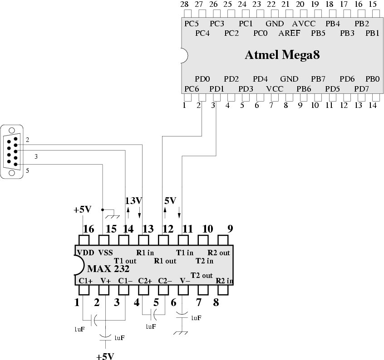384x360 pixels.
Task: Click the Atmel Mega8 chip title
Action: [282, 55]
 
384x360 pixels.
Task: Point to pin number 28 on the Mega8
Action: [184, 5]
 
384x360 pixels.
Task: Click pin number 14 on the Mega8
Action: [373, 105]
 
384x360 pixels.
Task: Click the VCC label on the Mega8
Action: [275, 88]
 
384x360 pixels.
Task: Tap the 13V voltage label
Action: [133, 200]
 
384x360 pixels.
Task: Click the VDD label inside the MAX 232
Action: [85, 253]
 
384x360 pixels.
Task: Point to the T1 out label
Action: [125, 261]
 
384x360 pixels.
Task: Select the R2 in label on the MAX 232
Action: [224, 281]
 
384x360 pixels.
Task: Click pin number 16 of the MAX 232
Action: [89, 229]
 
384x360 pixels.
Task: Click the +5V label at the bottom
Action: [105, 356]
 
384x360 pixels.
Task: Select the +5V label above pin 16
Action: [83, 210]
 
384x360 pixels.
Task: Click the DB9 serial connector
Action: [11, 151]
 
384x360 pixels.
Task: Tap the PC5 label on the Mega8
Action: [192, 24]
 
